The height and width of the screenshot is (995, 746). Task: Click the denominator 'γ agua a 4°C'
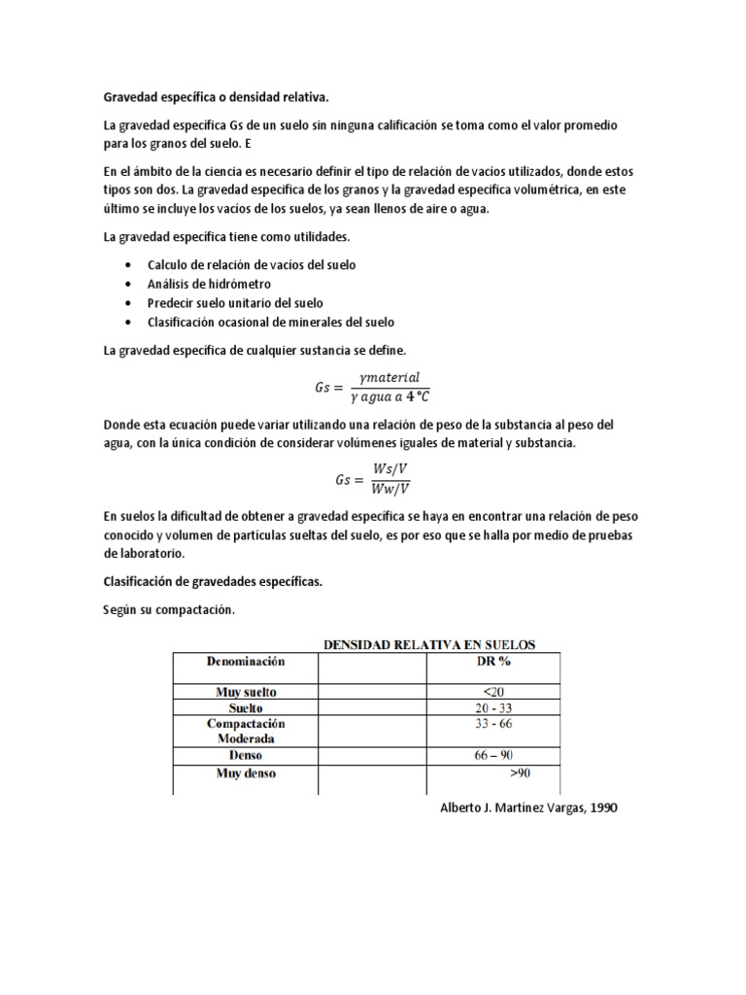(x=390, y=395)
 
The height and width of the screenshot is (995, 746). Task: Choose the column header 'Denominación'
(x=246, y=661)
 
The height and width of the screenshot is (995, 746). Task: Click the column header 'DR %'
(x=492, y=661)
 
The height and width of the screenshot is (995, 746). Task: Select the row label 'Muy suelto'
(x=246, y=692)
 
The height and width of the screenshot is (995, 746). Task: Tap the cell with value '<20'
(x=492, y=692)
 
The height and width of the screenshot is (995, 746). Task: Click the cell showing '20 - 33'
(x=492, y=708)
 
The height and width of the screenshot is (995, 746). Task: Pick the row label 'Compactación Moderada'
(x=246, y=732)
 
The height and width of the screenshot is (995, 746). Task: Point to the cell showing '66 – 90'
(x=492, y=755)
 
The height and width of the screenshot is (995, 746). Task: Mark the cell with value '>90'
(x=520, y=774)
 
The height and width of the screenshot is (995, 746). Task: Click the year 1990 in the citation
(x=598, y=807)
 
